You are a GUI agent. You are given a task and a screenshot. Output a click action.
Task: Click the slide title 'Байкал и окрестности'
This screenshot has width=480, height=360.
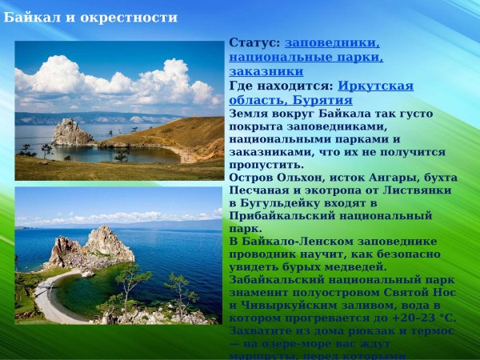90,17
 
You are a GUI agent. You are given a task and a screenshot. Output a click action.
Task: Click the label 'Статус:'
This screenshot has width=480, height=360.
254,42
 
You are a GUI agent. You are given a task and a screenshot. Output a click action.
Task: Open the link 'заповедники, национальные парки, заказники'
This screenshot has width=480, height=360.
306,57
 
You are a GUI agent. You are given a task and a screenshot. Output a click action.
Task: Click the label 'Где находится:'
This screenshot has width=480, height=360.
281,86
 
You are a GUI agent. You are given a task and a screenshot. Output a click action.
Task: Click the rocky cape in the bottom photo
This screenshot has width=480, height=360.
92,248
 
